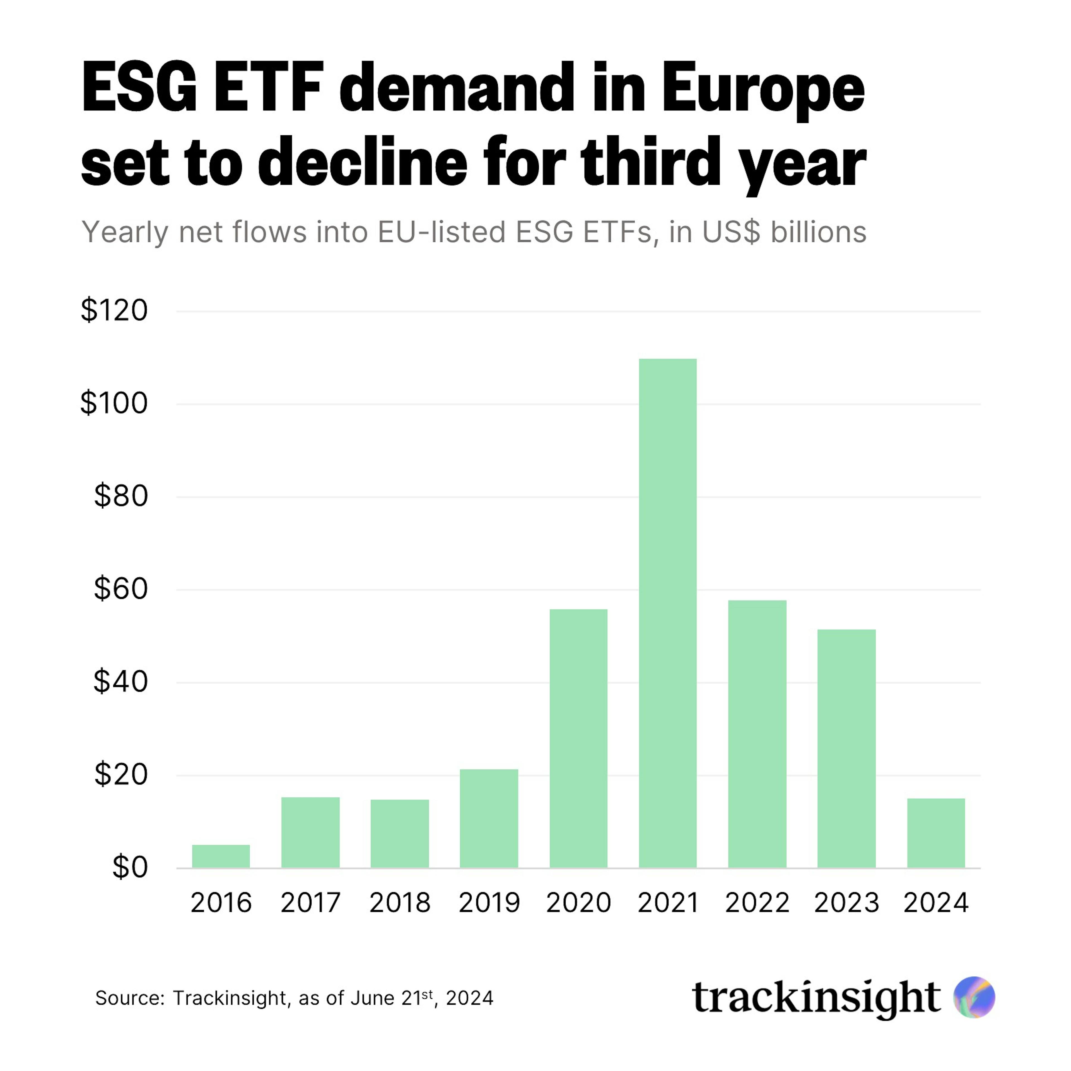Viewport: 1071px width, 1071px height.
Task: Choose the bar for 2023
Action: (x=846, y=748)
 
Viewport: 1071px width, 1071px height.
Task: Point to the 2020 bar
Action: (x=578, y=738)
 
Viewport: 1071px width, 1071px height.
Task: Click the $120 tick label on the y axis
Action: (x=114, y=310)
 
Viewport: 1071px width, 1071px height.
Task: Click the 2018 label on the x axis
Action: (x=400, y=903)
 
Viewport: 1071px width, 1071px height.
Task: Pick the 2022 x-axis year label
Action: (x=757, y=903)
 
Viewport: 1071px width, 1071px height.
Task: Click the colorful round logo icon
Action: (x=974, y=997)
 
